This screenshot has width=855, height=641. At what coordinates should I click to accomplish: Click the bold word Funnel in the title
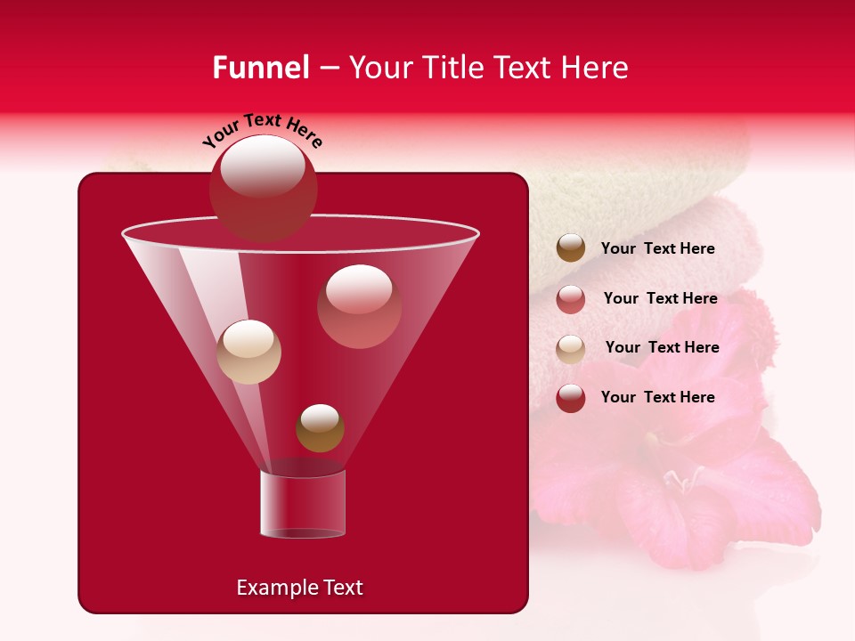click(260, 68)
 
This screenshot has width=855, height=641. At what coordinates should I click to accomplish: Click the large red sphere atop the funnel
click(263, 188)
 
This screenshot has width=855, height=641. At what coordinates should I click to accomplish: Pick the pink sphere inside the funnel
click(359, 305)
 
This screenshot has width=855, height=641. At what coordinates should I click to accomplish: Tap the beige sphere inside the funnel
click(249, 351)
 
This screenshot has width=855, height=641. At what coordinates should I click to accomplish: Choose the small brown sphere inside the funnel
click(320, 427)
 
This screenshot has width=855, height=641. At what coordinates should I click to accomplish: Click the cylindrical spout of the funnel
click(303, 504)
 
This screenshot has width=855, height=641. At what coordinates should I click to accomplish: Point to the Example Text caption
click(299, 588)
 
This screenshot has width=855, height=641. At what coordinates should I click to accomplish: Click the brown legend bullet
click(571, 248)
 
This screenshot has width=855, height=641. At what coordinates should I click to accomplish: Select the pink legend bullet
click(571, 299)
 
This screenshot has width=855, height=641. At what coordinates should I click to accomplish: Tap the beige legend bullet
click(571, 348)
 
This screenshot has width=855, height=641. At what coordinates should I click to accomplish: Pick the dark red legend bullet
click(571, 398)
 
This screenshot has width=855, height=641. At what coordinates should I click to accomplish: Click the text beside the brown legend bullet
click(657, 249)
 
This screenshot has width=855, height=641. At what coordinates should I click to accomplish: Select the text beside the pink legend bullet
click(660, 299)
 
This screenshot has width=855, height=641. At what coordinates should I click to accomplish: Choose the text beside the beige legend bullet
click(662, 348)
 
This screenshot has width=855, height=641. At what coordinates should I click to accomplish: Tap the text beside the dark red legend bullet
click(657, 397)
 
